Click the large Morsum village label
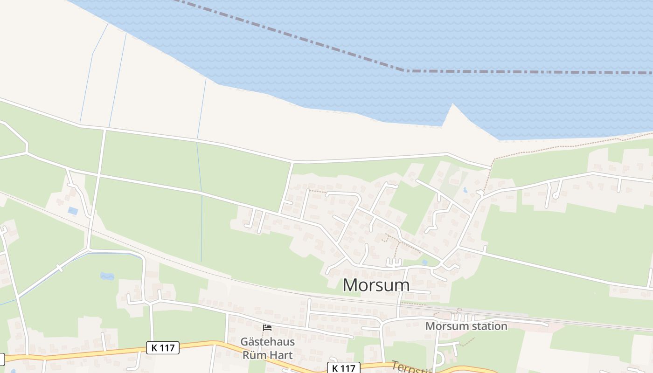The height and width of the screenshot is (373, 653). point(376,285)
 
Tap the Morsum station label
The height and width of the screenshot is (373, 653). point(466,326)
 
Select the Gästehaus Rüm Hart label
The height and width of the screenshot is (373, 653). point(267,348)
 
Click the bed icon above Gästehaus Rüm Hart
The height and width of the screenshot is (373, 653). point(267,328)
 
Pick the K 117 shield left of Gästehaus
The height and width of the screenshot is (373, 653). point(162,347)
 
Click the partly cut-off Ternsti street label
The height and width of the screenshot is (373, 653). point(410,368)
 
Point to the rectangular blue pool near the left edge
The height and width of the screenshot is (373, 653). point(73,211)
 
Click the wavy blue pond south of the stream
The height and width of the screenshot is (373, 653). point(107,276)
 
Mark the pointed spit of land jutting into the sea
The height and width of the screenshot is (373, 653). point(451,110)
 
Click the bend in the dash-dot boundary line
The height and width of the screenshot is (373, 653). point(404,71)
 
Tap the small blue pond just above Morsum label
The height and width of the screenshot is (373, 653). point(424,262)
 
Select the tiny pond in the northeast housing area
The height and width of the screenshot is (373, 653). point(465,190)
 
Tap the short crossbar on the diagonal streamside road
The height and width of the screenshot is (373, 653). point(60,268)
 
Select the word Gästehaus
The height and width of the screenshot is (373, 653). point(267,341)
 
